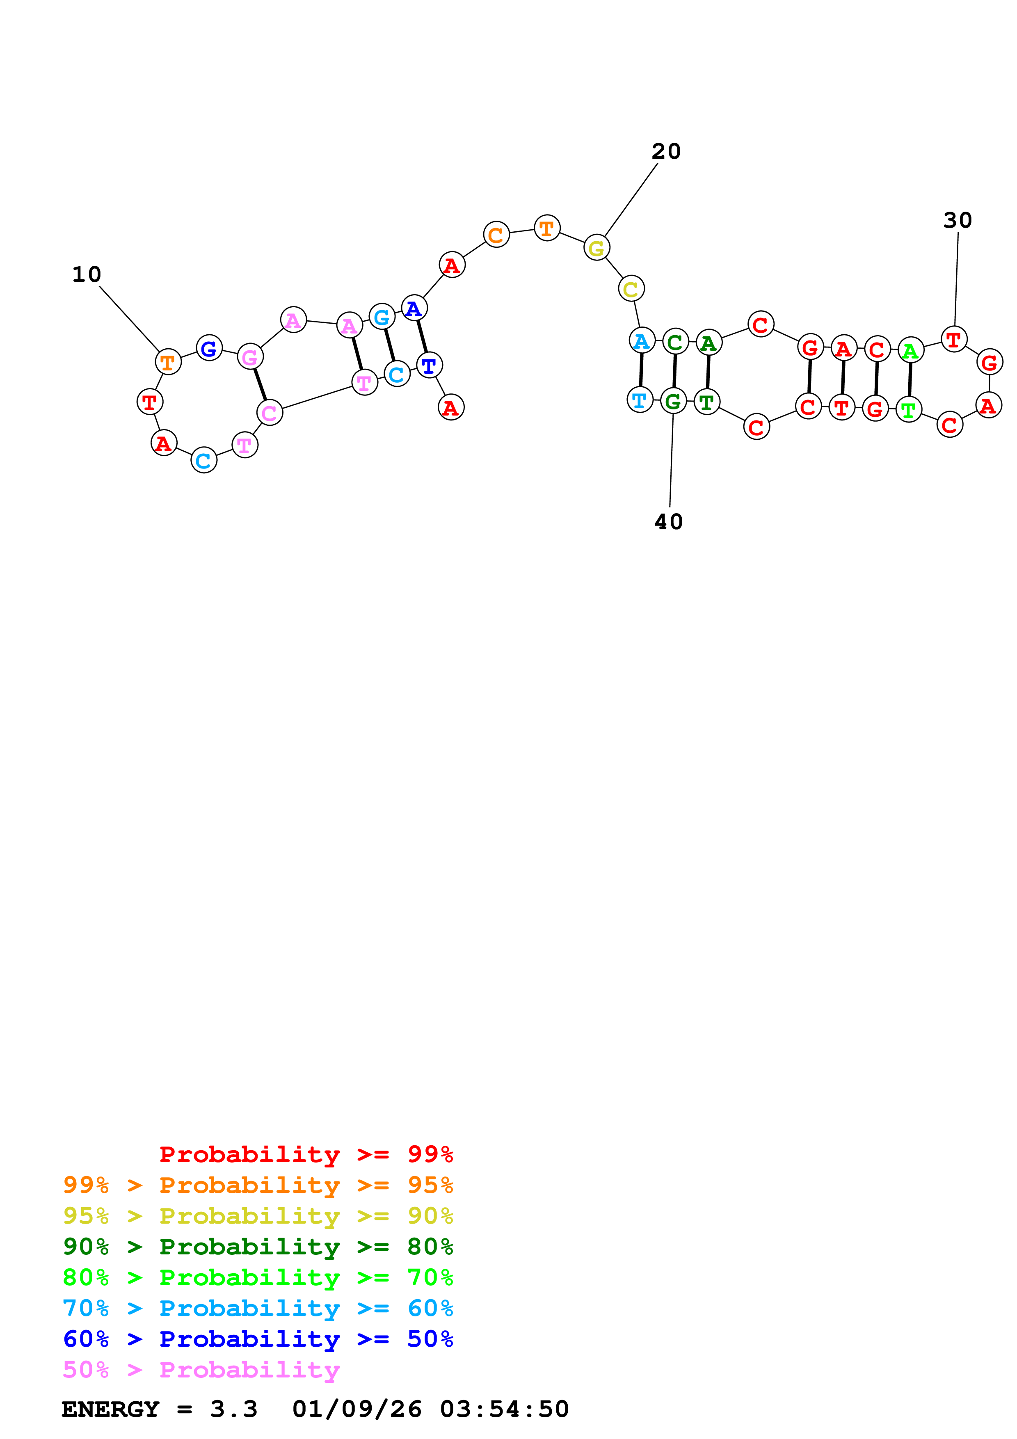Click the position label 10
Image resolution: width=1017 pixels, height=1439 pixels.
87,274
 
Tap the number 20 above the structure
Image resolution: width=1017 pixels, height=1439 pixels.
666,152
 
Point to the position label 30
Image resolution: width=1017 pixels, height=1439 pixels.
958,221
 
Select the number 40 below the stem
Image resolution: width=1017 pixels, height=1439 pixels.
669,522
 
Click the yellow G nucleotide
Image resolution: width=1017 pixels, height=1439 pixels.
596,248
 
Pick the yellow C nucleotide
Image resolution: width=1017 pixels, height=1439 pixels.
631,289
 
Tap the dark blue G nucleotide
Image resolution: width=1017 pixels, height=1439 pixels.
209,348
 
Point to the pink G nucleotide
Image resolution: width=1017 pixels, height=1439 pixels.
250,357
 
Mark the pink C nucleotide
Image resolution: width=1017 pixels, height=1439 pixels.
270,412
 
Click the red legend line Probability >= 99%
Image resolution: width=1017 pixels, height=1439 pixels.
306,1154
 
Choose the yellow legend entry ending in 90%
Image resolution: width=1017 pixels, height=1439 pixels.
258,1216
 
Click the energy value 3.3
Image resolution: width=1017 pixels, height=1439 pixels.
234,1409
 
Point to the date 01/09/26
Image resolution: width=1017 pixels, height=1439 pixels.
357,1409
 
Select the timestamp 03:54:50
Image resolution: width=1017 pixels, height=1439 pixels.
505,1409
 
